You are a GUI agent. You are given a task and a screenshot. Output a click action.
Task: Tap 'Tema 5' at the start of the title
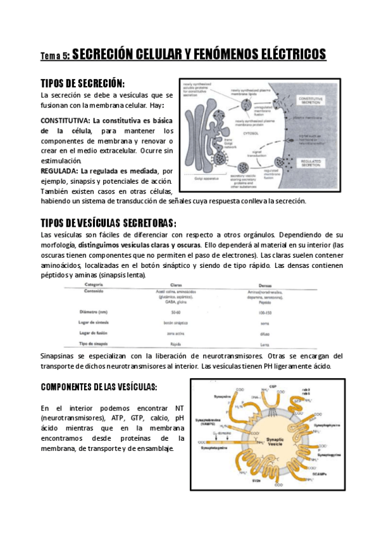pos(54,56)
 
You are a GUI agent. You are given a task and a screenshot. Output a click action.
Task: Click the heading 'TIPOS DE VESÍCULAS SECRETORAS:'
pos(108,222)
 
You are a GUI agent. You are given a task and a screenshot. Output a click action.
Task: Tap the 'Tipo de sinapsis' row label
pos(96,343)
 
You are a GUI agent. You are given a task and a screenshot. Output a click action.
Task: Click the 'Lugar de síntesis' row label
pos(96,322)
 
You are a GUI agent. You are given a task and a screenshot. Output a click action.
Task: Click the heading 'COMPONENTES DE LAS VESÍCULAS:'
pos(99,386)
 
